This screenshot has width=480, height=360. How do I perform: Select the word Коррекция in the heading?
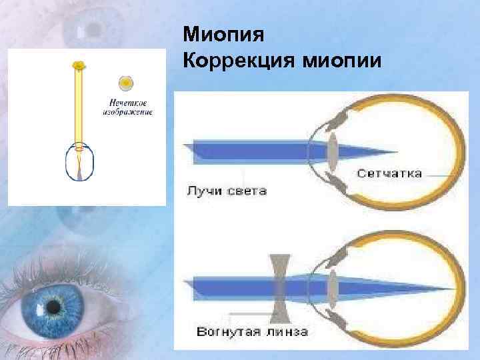(x=235, y=62)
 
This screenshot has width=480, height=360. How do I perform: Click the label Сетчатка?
(x=389, y=173)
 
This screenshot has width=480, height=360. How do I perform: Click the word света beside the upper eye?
(x=249, y=191)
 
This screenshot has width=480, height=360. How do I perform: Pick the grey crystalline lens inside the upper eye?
(x=331, y=149)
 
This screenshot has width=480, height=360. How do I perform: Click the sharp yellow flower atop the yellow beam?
(x=79, y=65)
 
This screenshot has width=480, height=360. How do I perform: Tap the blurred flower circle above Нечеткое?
(x=125, y=83)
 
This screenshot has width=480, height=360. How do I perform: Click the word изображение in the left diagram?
(x=127, y=111)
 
